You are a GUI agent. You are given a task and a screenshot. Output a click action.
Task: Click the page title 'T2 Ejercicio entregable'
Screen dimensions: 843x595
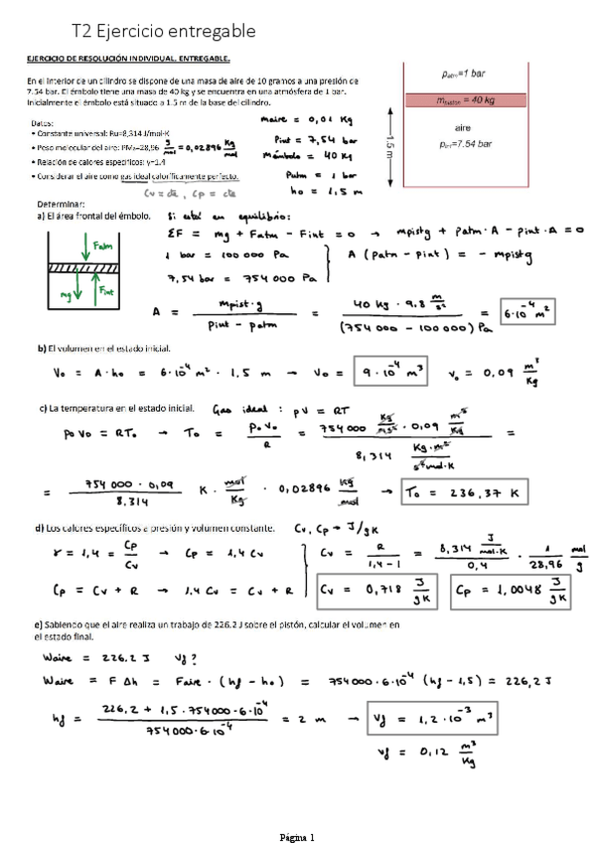164,32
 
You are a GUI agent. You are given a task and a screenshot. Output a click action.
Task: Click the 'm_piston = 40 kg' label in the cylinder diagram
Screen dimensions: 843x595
465,99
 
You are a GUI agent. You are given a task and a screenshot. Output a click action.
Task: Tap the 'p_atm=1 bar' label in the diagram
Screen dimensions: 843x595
463,74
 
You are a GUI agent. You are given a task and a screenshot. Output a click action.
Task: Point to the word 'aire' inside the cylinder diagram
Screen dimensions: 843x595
462,128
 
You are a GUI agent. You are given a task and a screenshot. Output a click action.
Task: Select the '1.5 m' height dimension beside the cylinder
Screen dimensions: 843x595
390,146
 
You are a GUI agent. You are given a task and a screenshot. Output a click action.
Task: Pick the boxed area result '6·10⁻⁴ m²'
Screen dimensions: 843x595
526,312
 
